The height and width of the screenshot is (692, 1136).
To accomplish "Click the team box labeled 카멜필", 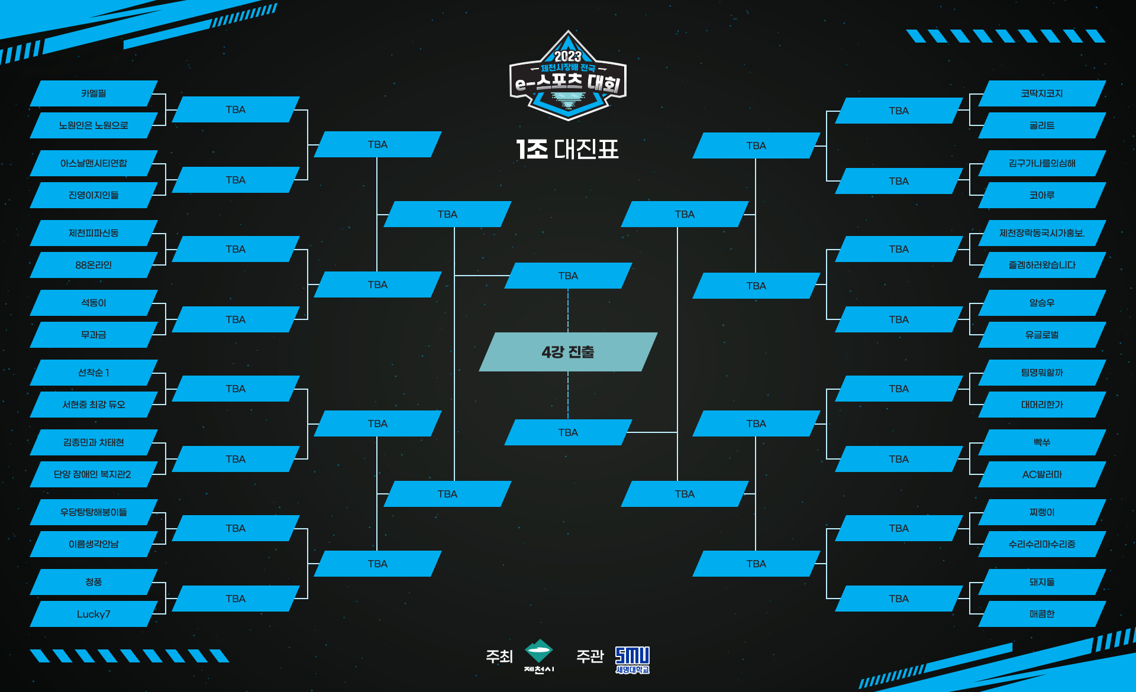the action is click(93, 93).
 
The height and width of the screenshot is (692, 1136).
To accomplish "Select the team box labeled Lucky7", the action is click(93, 614).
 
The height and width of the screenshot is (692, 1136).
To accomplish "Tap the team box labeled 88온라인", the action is click(93, 265).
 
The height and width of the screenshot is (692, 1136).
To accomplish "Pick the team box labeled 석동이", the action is click(93, 303).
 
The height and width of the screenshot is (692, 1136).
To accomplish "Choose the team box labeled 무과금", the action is click(93, 335).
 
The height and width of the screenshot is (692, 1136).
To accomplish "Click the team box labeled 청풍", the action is click(93, 582).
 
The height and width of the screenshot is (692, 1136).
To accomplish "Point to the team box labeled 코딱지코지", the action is click(1042, 93).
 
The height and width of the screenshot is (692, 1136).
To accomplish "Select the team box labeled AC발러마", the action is click(1042, 474).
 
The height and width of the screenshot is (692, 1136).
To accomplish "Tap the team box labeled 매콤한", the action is click(1042, 614).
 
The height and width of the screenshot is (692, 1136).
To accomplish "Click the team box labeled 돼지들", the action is click(1042, 582).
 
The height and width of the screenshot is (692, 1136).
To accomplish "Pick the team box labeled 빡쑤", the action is click(1042, 442).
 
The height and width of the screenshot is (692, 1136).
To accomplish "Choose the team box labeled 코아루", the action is click(1042, 195).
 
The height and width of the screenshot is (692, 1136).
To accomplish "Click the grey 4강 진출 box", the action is click(568, 352).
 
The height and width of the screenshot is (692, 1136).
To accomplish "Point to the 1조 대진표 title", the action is click(567, 149).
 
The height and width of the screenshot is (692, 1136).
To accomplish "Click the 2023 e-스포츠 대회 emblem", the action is click(568, 76).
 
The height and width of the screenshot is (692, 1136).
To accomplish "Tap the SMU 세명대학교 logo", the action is click(632, 660).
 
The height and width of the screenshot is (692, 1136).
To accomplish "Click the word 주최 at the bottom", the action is click(499, 657).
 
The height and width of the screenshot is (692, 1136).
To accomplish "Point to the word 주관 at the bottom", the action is click(590, 657).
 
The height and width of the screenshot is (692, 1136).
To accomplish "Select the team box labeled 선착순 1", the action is click(93, 373).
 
